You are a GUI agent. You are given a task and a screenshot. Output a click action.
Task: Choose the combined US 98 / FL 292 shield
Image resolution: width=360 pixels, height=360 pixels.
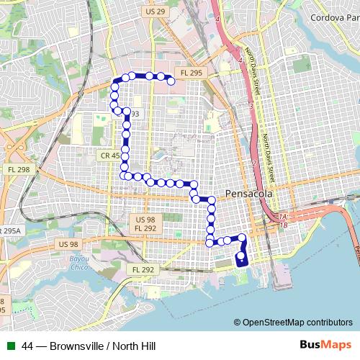pyautogui.click(x=145, y=223)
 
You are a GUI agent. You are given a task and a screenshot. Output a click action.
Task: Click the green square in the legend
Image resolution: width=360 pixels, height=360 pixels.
pyautogui.click(x=9, y=346)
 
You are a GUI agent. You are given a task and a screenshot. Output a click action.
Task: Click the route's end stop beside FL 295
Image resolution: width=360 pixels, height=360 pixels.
pyautogui.click(x=171, y=82)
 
